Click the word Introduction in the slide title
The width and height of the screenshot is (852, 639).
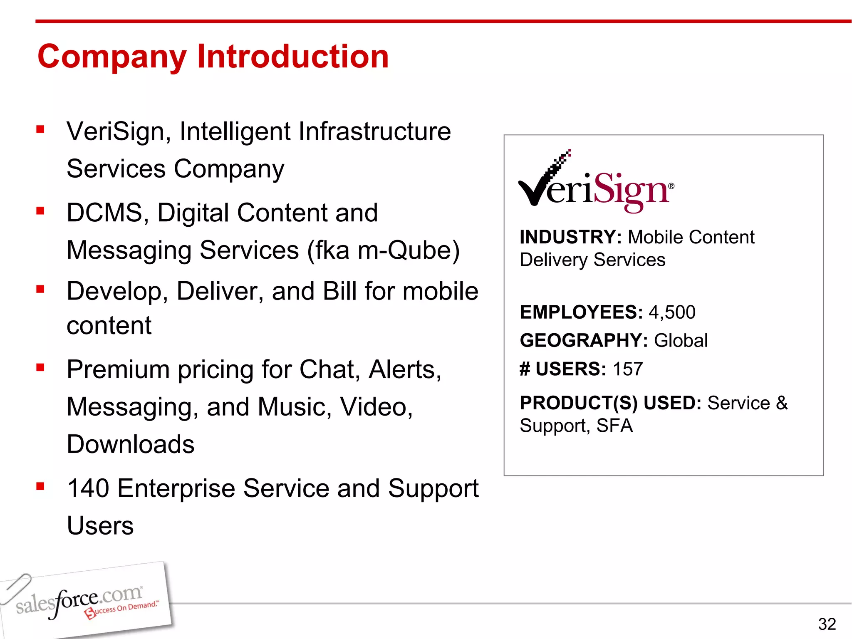click(293, 57)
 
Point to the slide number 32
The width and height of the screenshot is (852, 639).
click(827, 624)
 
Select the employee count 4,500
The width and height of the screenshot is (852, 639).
click(672, 312)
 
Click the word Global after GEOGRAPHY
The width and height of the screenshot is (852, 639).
click(681, 340)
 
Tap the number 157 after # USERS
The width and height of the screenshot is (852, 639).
click(628, 369)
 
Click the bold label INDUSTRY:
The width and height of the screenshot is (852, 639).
click(570, 237)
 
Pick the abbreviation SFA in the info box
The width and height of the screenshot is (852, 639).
click(614, 426)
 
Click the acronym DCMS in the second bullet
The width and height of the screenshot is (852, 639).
click(104, 213)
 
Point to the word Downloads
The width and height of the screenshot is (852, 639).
click(131, 444)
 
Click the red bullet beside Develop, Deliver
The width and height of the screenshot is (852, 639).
click(40, 289)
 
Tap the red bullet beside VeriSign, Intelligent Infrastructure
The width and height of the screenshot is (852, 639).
click(40, 129)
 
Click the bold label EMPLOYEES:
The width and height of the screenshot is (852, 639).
click(581, 312)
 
